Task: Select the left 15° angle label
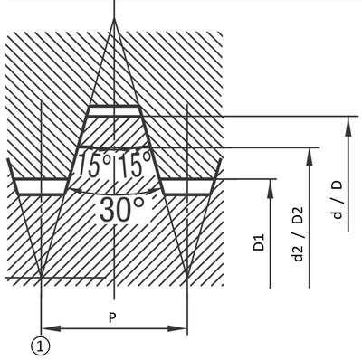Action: [94, 165]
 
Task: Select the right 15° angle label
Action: [133, 165]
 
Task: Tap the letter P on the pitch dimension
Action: [112, 317]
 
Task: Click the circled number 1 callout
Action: [40, 346]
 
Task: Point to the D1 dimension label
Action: [259, 242]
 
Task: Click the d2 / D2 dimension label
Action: [298, 234]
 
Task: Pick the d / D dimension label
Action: [338, 199]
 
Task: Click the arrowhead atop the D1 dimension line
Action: [271, 189]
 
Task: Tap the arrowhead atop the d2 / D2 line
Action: [310, 156]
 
